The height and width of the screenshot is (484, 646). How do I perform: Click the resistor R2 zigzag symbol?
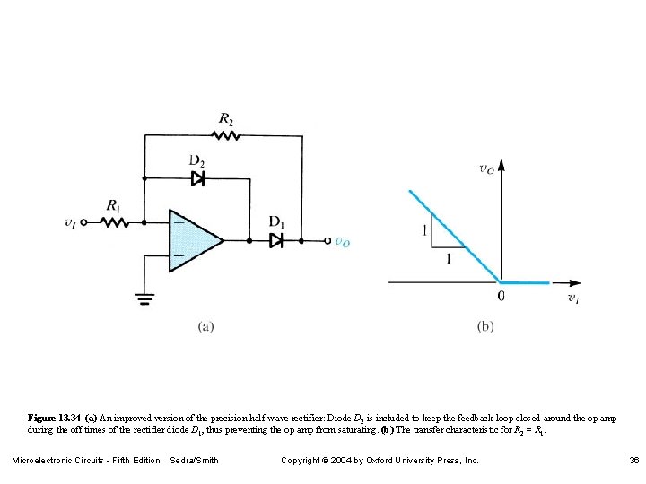(225, 135)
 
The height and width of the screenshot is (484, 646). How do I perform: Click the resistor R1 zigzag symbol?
(116, 221)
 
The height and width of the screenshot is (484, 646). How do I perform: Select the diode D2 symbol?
(198, 178)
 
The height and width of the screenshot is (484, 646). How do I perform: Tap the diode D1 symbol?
(276, 240)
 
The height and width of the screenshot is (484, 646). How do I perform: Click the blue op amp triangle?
(193, 240)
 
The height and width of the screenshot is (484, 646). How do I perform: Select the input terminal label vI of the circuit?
(71, 221)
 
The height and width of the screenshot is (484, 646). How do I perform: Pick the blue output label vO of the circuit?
(343, 241)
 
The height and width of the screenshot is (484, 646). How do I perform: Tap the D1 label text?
(276, 221)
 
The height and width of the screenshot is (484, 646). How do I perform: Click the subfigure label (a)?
(205, 327)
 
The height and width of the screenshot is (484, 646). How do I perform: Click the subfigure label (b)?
(485, 327)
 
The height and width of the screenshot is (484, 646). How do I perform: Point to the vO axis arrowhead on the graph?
(502, 164)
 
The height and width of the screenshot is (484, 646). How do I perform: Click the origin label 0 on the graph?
(501, 295)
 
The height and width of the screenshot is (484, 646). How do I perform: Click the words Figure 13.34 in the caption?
(55, 419)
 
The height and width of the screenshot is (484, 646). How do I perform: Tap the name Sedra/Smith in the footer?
(194, 461)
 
